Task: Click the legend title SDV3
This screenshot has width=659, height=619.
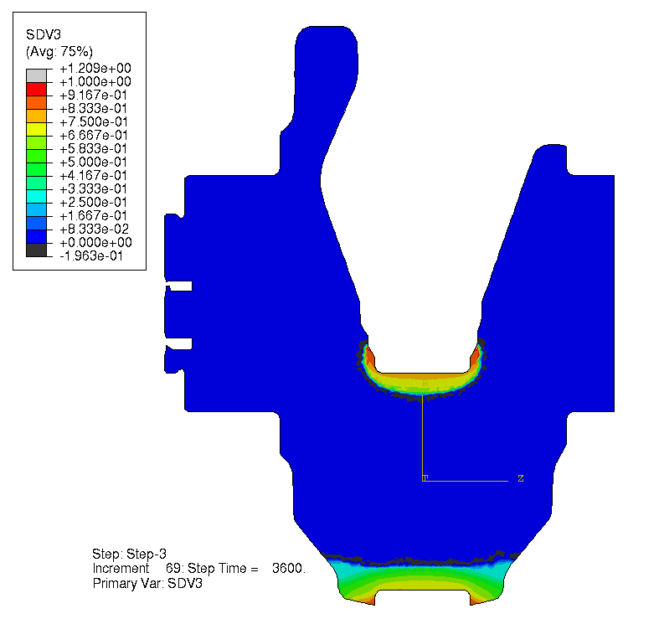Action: tap(44, 34)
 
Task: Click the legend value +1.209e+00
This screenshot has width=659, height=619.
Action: tap(95, 68)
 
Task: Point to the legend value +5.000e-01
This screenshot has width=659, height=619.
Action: tap(93, 162)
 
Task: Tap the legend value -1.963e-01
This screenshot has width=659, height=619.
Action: tap(91, 255)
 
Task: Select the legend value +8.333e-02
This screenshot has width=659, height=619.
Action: tap(94, 230)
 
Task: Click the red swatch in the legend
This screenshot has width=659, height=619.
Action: tap(36, 89)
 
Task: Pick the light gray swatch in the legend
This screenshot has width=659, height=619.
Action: tap(36, 75)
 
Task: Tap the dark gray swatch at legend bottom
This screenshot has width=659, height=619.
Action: tap(36, 250)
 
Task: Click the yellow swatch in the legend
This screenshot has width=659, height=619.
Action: tap(36, 129)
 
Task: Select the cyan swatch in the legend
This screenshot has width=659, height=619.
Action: tap(36, 196)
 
